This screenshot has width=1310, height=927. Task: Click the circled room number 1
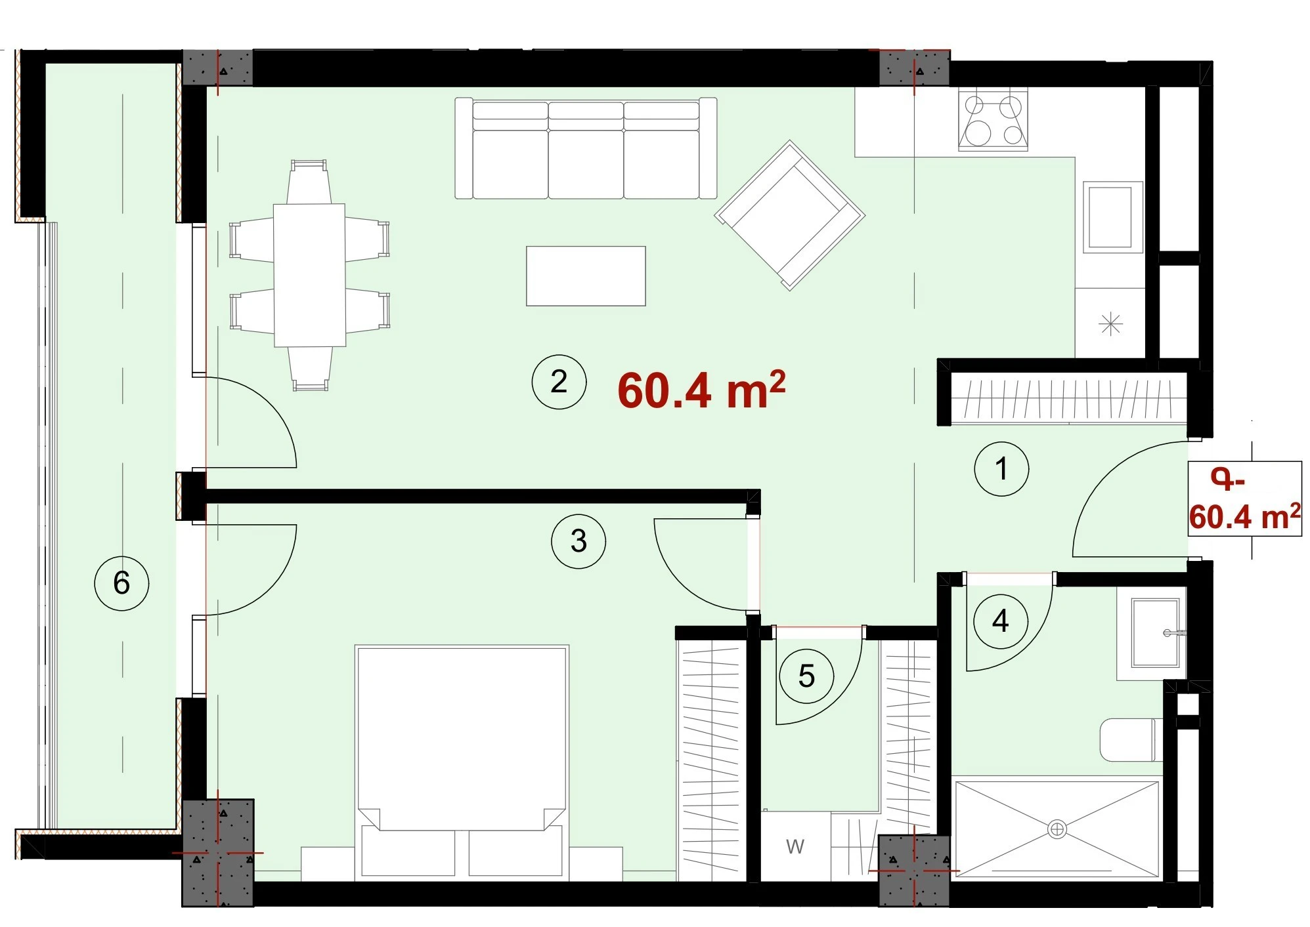point(1001,469)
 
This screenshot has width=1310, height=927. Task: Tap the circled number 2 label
point(559,382)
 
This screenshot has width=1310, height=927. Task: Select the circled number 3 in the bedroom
point(579,541)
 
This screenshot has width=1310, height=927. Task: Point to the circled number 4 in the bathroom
point(1000,621)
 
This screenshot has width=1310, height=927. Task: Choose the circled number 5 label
point(806,676)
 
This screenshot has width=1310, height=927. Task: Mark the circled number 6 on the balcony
point(121,583)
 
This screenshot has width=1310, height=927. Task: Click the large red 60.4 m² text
point(701,390)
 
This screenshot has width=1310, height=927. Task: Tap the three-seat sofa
point(586,148)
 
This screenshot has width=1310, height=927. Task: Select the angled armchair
point(790,215)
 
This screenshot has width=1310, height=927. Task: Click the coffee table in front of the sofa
point(586,276)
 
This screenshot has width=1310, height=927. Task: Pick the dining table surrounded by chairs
point(309,276)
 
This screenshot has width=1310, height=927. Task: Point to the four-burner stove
point(993,119)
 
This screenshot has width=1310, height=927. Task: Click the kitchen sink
point(1110,217)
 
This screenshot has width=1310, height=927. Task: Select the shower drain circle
point(1057,829)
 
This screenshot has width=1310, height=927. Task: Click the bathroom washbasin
point(1152,632)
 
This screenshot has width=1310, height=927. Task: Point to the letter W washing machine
point(795,846)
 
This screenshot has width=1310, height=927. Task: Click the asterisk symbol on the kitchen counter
point(1110,323)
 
